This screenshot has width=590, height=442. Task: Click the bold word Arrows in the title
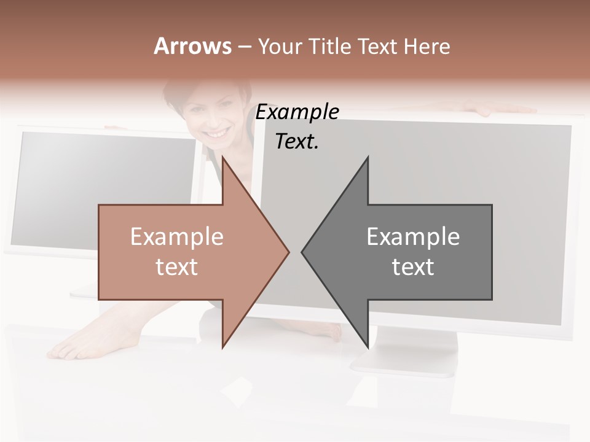[192, 46]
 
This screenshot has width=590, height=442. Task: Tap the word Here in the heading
[427, 46]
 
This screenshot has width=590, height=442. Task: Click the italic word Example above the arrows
[297, 112]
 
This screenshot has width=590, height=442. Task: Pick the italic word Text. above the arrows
[297, 141]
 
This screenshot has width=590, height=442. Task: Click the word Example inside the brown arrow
[176, 236]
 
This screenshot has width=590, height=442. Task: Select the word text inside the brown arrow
[176, 267]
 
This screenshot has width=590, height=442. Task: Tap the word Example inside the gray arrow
[413, 236]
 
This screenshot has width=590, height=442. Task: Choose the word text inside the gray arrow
[413, 267]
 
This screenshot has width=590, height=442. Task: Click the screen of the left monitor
[104, 184]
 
